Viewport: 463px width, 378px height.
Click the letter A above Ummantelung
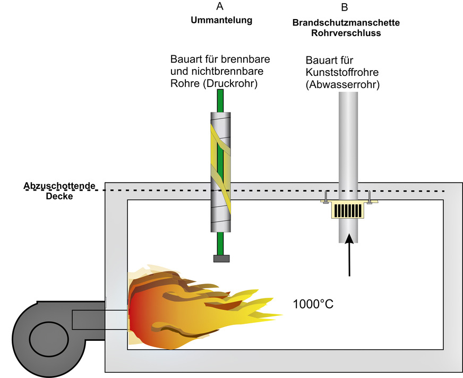tap(220, 7)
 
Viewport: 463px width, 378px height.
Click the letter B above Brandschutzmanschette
tap(345, 7)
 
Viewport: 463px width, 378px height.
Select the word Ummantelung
tap(221, 20)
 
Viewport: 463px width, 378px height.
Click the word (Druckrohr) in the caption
tap(231, 82)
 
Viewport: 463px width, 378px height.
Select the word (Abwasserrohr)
tap(343, 84)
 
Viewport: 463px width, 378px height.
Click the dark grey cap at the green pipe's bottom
tap(221, 258)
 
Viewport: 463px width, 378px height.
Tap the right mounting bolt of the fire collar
tap(370, 197)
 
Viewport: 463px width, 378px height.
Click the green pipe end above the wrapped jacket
tap(220, 100)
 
